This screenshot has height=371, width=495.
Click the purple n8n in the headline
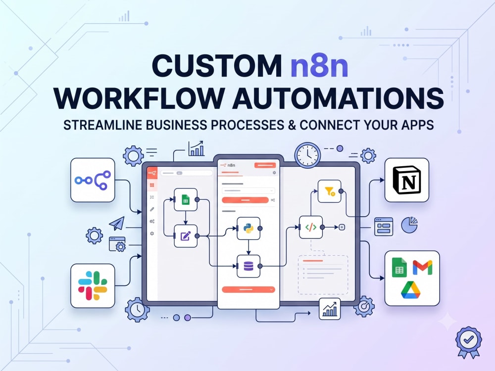coord(319,66)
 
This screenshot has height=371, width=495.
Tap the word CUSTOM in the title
coord(217,66)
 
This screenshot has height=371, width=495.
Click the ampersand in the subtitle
coord(292,125)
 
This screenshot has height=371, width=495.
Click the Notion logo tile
coord(406,180)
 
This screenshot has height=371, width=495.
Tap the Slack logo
coord(93,285)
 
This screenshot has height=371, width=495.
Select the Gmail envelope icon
coord(422,267)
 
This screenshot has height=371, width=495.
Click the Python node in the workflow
coord(248,229)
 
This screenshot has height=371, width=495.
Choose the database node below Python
coord(248,266)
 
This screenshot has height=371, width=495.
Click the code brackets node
coord(311,227)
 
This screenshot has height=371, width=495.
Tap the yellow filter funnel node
coord(330,191)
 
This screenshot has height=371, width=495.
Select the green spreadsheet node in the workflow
coord(186,200)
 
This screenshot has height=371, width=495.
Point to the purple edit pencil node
coord(186,236)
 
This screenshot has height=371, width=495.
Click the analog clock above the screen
coord(307,155)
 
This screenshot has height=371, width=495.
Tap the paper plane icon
coord(117,224)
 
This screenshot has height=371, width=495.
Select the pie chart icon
coord(409,225)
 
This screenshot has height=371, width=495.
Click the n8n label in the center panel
coord(231,165)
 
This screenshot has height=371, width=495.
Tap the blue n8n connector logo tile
coord(93,180)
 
